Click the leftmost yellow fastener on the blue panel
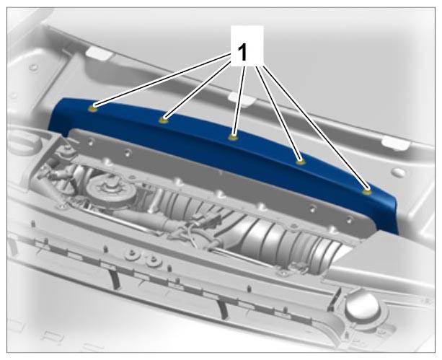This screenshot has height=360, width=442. [93, 109]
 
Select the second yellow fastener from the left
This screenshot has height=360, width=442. [163, 120]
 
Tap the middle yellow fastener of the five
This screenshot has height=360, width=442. [233, 137]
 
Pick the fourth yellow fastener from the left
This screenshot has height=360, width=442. [301, 162]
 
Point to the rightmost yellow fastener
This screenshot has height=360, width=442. [366, 192]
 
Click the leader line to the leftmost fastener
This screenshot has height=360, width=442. [164, 81]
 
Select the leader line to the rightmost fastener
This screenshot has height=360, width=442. [315, 127]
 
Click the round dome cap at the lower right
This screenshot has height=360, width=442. [362, 306]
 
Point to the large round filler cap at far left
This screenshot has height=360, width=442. [20, 142]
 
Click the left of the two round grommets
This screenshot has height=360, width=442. [131, 255]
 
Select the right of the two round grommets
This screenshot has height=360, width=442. [154, 260]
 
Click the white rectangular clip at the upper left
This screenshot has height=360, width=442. [98, 53]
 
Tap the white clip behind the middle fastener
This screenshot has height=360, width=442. [239, 99]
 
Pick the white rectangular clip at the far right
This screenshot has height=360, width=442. [395, 143]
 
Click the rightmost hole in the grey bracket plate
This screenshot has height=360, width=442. [349, 220]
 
